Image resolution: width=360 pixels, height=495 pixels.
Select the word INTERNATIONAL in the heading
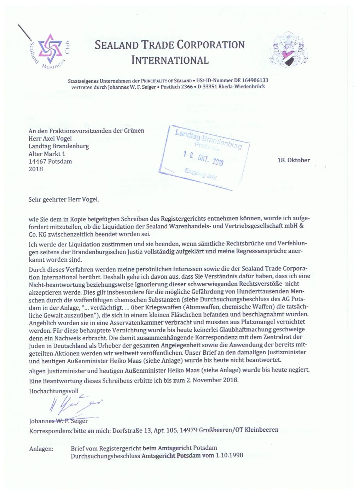click(x=170, y=60)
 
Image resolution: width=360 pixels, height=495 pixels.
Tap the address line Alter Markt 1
click(x=47, y=154)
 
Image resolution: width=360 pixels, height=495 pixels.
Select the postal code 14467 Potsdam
click(x=50, y=162)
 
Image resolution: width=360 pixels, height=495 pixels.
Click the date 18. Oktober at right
click(x=294, y=160)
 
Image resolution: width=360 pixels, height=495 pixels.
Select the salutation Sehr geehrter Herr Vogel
click(x=64, y=199)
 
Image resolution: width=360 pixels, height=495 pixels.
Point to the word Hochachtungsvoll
click(x=54, y=391)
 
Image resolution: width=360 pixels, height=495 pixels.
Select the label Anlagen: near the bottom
click(x=41, y=449)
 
